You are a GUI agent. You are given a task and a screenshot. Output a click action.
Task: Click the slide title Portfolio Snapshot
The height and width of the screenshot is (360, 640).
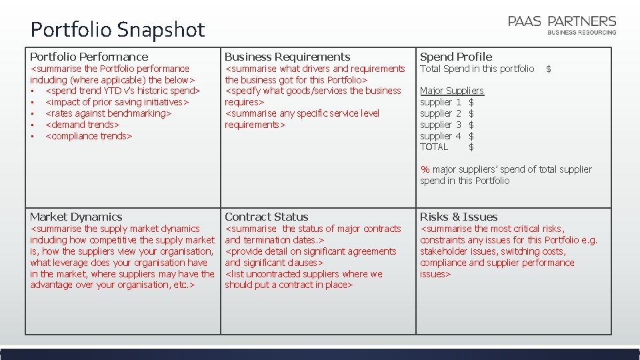point(117,30)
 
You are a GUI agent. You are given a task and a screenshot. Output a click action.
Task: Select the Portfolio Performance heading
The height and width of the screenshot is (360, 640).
point(89,57)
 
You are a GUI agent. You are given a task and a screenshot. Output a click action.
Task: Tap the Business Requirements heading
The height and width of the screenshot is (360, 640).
point(287,57)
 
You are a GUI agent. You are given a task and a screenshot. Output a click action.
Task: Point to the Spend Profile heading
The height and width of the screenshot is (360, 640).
point(456,57)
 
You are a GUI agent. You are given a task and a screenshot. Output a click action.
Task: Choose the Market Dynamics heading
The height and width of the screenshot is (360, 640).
point(76,217)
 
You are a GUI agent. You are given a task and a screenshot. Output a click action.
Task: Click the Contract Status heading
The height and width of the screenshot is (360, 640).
point(267,217)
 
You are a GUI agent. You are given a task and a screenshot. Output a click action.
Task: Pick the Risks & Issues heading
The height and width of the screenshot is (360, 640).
point(459,217)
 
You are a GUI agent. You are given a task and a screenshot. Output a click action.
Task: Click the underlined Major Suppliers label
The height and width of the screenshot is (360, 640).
point(452,91)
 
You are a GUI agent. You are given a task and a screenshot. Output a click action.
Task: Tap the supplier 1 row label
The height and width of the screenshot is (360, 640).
point(441,102)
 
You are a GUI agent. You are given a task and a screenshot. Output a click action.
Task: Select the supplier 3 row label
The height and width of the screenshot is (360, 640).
point(441,125)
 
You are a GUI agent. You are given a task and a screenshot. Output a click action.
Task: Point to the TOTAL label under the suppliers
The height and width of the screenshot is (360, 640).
point(434,147)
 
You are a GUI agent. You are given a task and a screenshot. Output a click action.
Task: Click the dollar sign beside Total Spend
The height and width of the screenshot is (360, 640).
point(549,69)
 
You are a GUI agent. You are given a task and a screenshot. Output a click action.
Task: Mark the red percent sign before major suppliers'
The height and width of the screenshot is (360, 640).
point(425,169)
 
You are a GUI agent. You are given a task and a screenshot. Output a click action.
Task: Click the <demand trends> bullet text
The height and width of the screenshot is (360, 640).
point(82,125)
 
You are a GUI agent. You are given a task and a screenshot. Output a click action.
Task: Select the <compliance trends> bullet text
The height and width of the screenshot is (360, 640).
point(89,136)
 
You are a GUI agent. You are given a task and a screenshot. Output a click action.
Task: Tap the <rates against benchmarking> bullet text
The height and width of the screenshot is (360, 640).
point(108,113)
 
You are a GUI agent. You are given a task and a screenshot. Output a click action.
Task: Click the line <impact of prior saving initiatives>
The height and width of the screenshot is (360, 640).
point(117,102)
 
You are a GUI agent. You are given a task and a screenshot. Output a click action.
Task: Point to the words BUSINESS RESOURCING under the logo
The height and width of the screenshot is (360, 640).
point(581,32)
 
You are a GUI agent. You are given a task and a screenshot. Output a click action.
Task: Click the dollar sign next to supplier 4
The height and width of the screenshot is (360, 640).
point(471,136)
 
